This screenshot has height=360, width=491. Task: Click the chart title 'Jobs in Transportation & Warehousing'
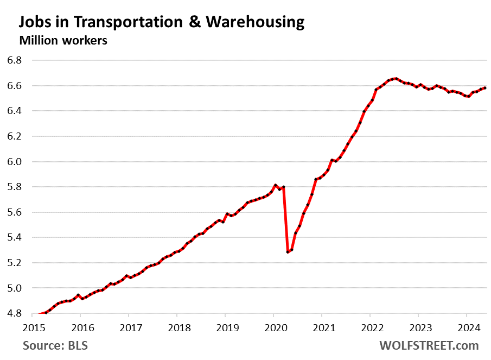[161, 22]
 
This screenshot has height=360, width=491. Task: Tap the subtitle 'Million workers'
[63, 40]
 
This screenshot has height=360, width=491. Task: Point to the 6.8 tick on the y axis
[14, 60]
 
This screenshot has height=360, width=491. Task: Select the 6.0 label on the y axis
[14, 162]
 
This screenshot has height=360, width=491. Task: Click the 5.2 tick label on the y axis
[14, 263]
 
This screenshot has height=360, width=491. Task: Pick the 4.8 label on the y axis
[14, 313]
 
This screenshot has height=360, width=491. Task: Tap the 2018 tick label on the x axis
[177, 328]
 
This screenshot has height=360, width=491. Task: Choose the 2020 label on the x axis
[273, 328]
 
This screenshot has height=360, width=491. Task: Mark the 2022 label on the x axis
[369, 328]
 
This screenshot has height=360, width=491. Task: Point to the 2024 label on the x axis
[466, 328]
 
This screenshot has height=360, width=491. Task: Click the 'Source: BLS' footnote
[55, 345]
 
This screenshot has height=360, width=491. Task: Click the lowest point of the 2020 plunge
[288, 252]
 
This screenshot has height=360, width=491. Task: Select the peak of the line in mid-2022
[396, 79]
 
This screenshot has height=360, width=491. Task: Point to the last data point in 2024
[485, 88]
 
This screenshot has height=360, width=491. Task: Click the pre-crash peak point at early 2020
[276, 185]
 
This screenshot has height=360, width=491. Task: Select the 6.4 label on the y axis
[14, 111]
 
